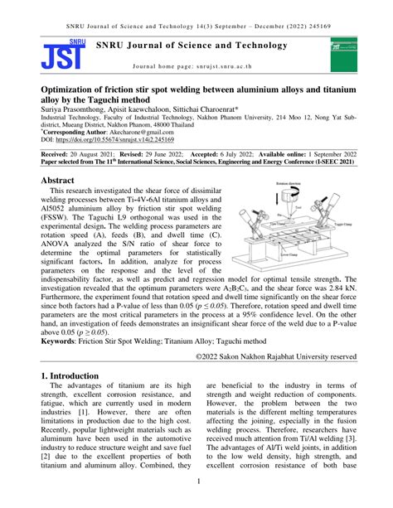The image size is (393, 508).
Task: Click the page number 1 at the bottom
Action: click(196, 481)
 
